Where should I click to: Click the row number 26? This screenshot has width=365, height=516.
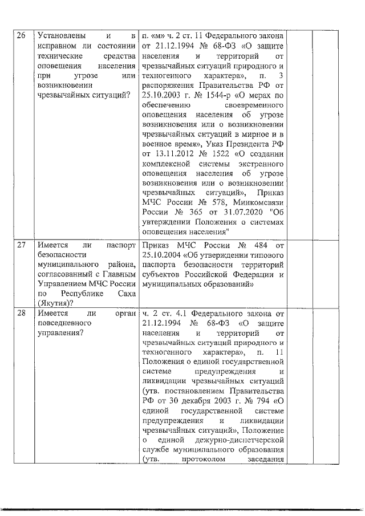pyautogui.click(x=21, y=36)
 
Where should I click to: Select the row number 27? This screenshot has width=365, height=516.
pyautogui.click(x=21, y=246)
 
